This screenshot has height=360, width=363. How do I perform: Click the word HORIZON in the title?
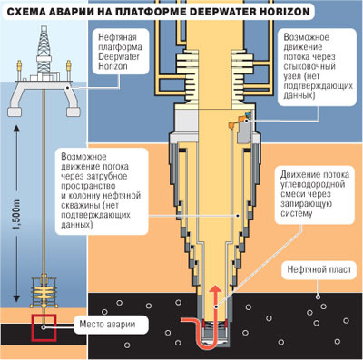click(285, 12)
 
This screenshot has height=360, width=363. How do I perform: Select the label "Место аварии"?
click(107, 325)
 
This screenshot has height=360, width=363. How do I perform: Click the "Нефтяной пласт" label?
click(319, 269)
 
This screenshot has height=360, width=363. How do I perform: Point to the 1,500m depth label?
click(17, 215)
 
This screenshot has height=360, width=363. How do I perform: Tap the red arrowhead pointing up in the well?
click(215, 289)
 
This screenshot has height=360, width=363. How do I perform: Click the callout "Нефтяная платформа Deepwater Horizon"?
click(120, 52)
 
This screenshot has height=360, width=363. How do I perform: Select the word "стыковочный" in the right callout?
click(309, 66)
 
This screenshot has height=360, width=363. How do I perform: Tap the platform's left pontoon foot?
click(14, 112)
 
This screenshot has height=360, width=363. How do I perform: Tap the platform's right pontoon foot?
click(74, 112)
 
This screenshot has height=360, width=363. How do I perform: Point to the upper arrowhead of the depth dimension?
click(17, 129)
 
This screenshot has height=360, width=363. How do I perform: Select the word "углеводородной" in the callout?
click(313, 184)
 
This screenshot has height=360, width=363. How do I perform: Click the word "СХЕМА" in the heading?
click(25, 12)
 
